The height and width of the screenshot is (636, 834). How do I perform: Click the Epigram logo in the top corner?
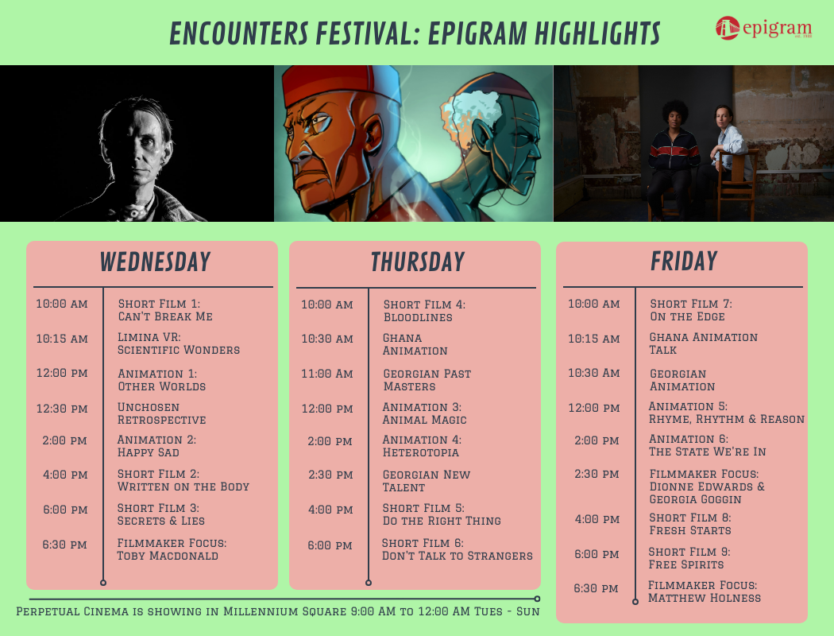pyautogui.click(x=763, y=29)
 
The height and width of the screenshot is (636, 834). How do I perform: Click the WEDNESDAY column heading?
pyautogui.click(x=155, y=262)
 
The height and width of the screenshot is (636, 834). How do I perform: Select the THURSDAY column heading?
pyautogui.click(x=417, y=262)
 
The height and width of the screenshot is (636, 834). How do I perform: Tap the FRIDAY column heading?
pyautogui.click(x=683, y=262)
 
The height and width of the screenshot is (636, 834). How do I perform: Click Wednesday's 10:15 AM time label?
pyautogui.click(x=62, y=339)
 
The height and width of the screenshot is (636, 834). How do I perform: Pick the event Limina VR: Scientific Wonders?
pyautogui.click(x=178, y=343)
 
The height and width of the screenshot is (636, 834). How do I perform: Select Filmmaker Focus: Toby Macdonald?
pyautogui.click(x=172, y=549)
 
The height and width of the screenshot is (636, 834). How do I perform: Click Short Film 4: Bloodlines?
pyautogui.click(x=423, y=311)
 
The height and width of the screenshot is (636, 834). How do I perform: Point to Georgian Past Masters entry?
pyautogui.click(x=427, y=380)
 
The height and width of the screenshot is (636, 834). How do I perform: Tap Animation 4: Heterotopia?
pyautogui.click(x=421, y=446)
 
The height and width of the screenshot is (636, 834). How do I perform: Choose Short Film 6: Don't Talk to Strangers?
pyautogui.click(x=457, y=549)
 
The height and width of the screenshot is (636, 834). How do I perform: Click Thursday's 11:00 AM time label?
pyautogui.click(x=327, y=374)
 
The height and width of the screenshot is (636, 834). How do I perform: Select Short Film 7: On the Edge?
pyautogui.click(x=690, y=310)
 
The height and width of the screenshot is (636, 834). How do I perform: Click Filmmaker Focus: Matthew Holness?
pyautogui.click(x=704, y=591)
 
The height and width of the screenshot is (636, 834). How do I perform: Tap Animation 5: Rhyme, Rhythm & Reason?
pyautogui.click(x=726, y=413)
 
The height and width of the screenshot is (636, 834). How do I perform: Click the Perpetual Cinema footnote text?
pyautogui.click(x=278, y=611)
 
